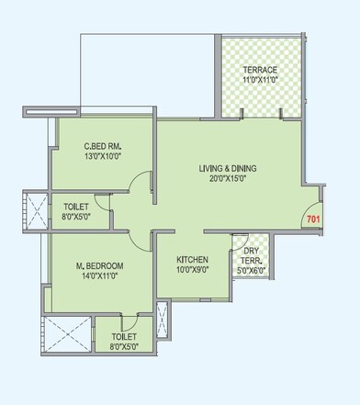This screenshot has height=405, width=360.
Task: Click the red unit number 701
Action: tap(313, 219)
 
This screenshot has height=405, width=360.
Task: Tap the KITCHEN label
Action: tap(192, 260)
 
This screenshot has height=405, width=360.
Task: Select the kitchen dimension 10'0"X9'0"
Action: tap(192, 271)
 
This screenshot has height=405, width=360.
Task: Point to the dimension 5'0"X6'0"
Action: tap(251, 271)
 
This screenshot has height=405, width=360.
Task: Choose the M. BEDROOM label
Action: tap(100, 266)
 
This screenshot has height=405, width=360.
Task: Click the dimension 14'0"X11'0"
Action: tap(100, 276)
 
